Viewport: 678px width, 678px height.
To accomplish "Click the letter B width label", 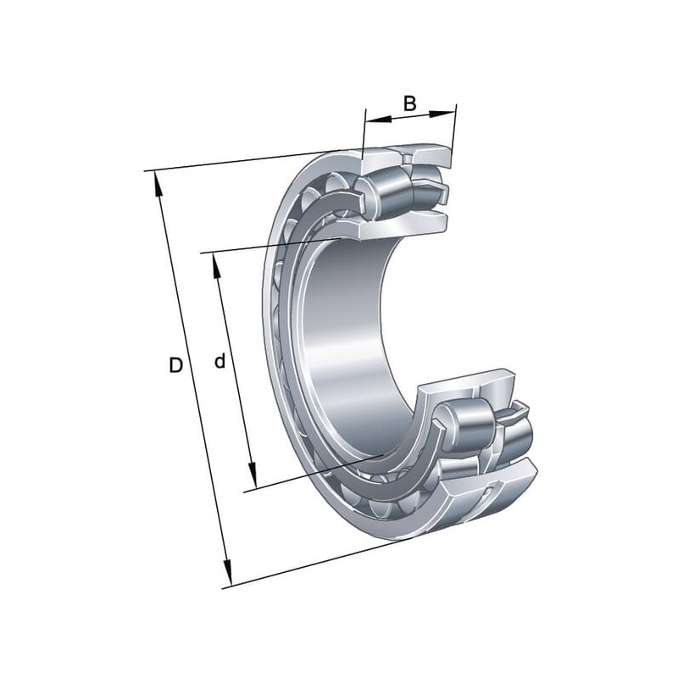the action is click(x=409, y=103).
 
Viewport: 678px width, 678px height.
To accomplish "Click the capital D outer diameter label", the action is click(x=175, y=365).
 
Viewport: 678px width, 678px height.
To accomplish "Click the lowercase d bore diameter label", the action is click(x=220, y=361).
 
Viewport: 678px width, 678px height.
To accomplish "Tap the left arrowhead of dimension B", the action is click(x=378, y=119).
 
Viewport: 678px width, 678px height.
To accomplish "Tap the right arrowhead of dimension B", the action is click(x=442, y=114).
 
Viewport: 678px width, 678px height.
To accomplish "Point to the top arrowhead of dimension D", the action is click(x=158, y=186).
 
